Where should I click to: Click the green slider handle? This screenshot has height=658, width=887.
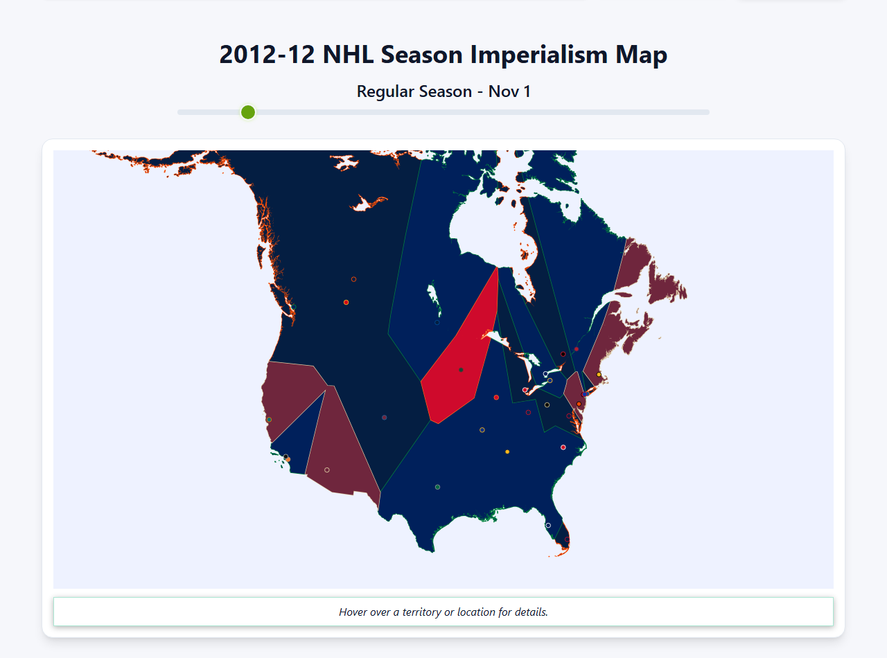[x=248, y=112]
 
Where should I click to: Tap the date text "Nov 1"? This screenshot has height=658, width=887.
[x=509, y=91]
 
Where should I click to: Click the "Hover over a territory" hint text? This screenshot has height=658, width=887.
[x=443, y=612]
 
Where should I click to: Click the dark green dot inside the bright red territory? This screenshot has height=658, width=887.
[x=461, y=370]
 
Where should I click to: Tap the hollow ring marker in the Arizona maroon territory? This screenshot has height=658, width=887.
[x=327, y=470]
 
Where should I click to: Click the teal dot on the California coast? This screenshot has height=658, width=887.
[x=269, y=420]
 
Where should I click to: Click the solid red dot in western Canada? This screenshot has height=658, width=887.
[x=346, y=302]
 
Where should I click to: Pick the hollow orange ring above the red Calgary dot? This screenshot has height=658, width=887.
[x=353, y=279]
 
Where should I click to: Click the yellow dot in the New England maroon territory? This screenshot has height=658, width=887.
[x=599, y=375]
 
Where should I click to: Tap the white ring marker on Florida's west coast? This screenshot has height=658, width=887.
[x=548, y=525]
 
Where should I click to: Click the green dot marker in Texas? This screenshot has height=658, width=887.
[x=437, y=487]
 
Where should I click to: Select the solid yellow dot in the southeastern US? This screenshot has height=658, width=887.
[x=507, y=452]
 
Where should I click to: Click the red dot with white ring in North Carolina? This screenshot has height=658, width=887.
[x=563, y=447]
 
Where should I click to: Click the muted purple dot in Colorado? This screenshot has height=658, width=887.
[x=385, y=418]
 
